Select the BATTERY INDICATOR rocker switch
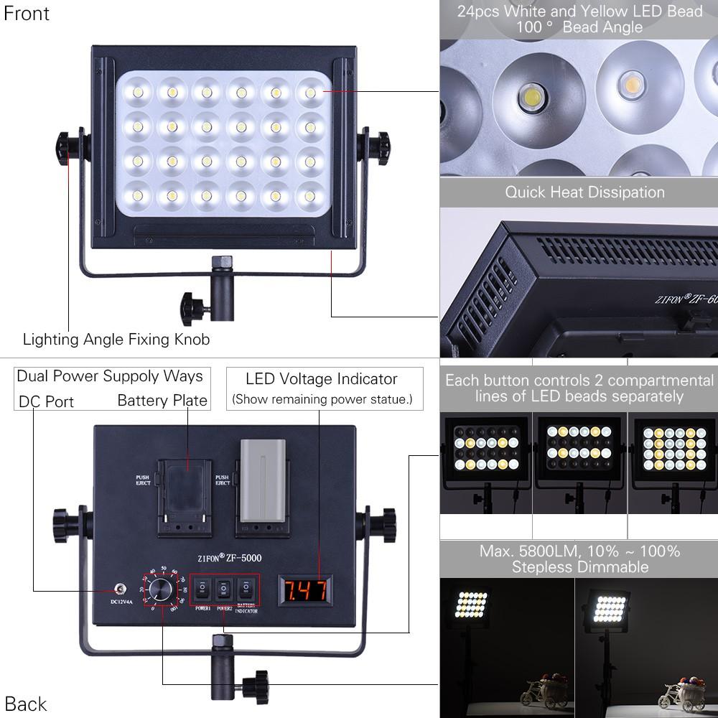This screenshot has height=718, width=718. [247, 590]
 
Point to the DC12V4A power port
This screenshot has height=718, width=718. [111, 589]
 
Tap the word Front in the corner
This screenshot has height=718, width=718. [27, 14]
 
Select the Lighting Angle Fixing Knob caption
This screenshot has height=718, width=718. [116, 339]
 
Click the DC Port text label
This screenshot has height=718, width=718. [47, 401]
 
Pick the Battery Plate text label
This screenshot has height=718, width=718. [162, 401]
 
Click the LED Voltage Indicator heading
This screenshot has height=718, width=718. [321, 379]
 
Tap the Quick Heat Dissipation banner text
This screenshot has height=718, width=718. [584, 192]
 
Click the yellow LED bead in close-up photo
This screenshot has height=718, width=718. [632, 85]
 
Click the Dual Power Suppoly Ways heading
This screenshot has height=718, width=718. [110, 376]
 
